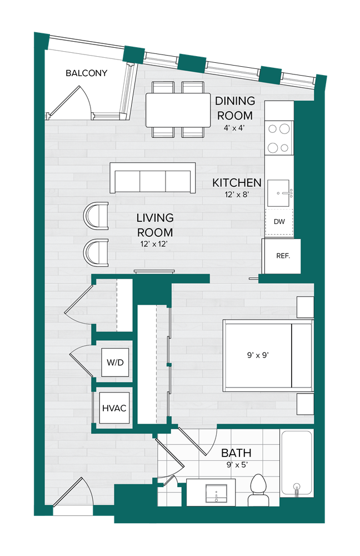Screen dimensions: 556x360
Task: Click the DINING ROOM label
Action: click(x=235, y=108)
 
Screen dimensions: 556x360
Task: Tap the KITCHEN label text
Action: click(x=237, y=183)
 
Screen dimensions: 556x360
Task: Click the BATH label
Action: click(x=236, y=453)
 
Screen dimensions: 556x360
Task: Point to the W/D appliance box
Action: click(x=115, y=363)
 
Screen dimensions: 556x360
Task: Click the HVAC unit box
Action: click(x=114, y=409)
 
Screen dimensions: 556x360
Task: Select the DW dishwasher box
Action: click(x=279, y=222)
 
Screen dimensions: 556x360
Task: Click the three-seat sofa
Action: click(x=153, y=178)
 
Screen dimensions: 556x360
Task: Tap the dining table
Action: click(x=177, y=110)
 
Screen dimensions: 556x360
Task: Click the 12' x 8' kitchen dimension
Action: click(x=237, y=195)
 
